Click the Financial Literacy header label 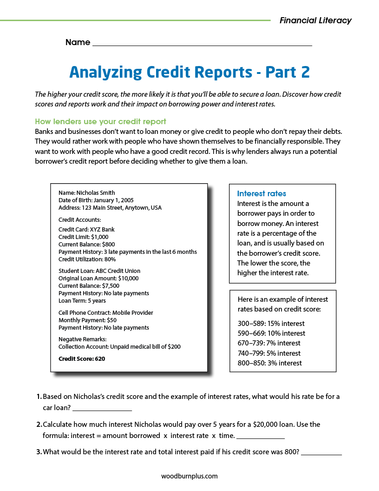pos(315,20)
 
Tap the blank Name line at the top pos(202,43)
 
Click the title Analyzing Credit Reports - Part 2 pos(189,72)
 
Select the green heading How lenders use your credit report pos(100,122)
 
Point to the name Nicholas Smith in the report pos(87,193)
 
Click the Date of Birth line pos(96,200)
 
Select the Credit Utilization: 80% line pos(87,259)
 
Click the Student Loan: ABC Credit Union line pos(99,271)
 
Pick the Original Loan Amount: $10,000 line pos(98,279)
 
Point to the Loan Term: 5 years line pos(82,301)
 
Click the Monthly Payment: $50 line pos(87,320)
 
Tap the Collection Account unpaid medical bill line pos(119,347)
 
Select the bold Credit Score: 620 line pos(82,359)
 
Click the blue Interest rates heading pos(261,193)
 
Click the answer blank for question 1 pos(102,409)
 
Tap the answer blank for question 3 pos(321,453)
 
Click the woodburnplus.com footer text pos(189,476)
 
